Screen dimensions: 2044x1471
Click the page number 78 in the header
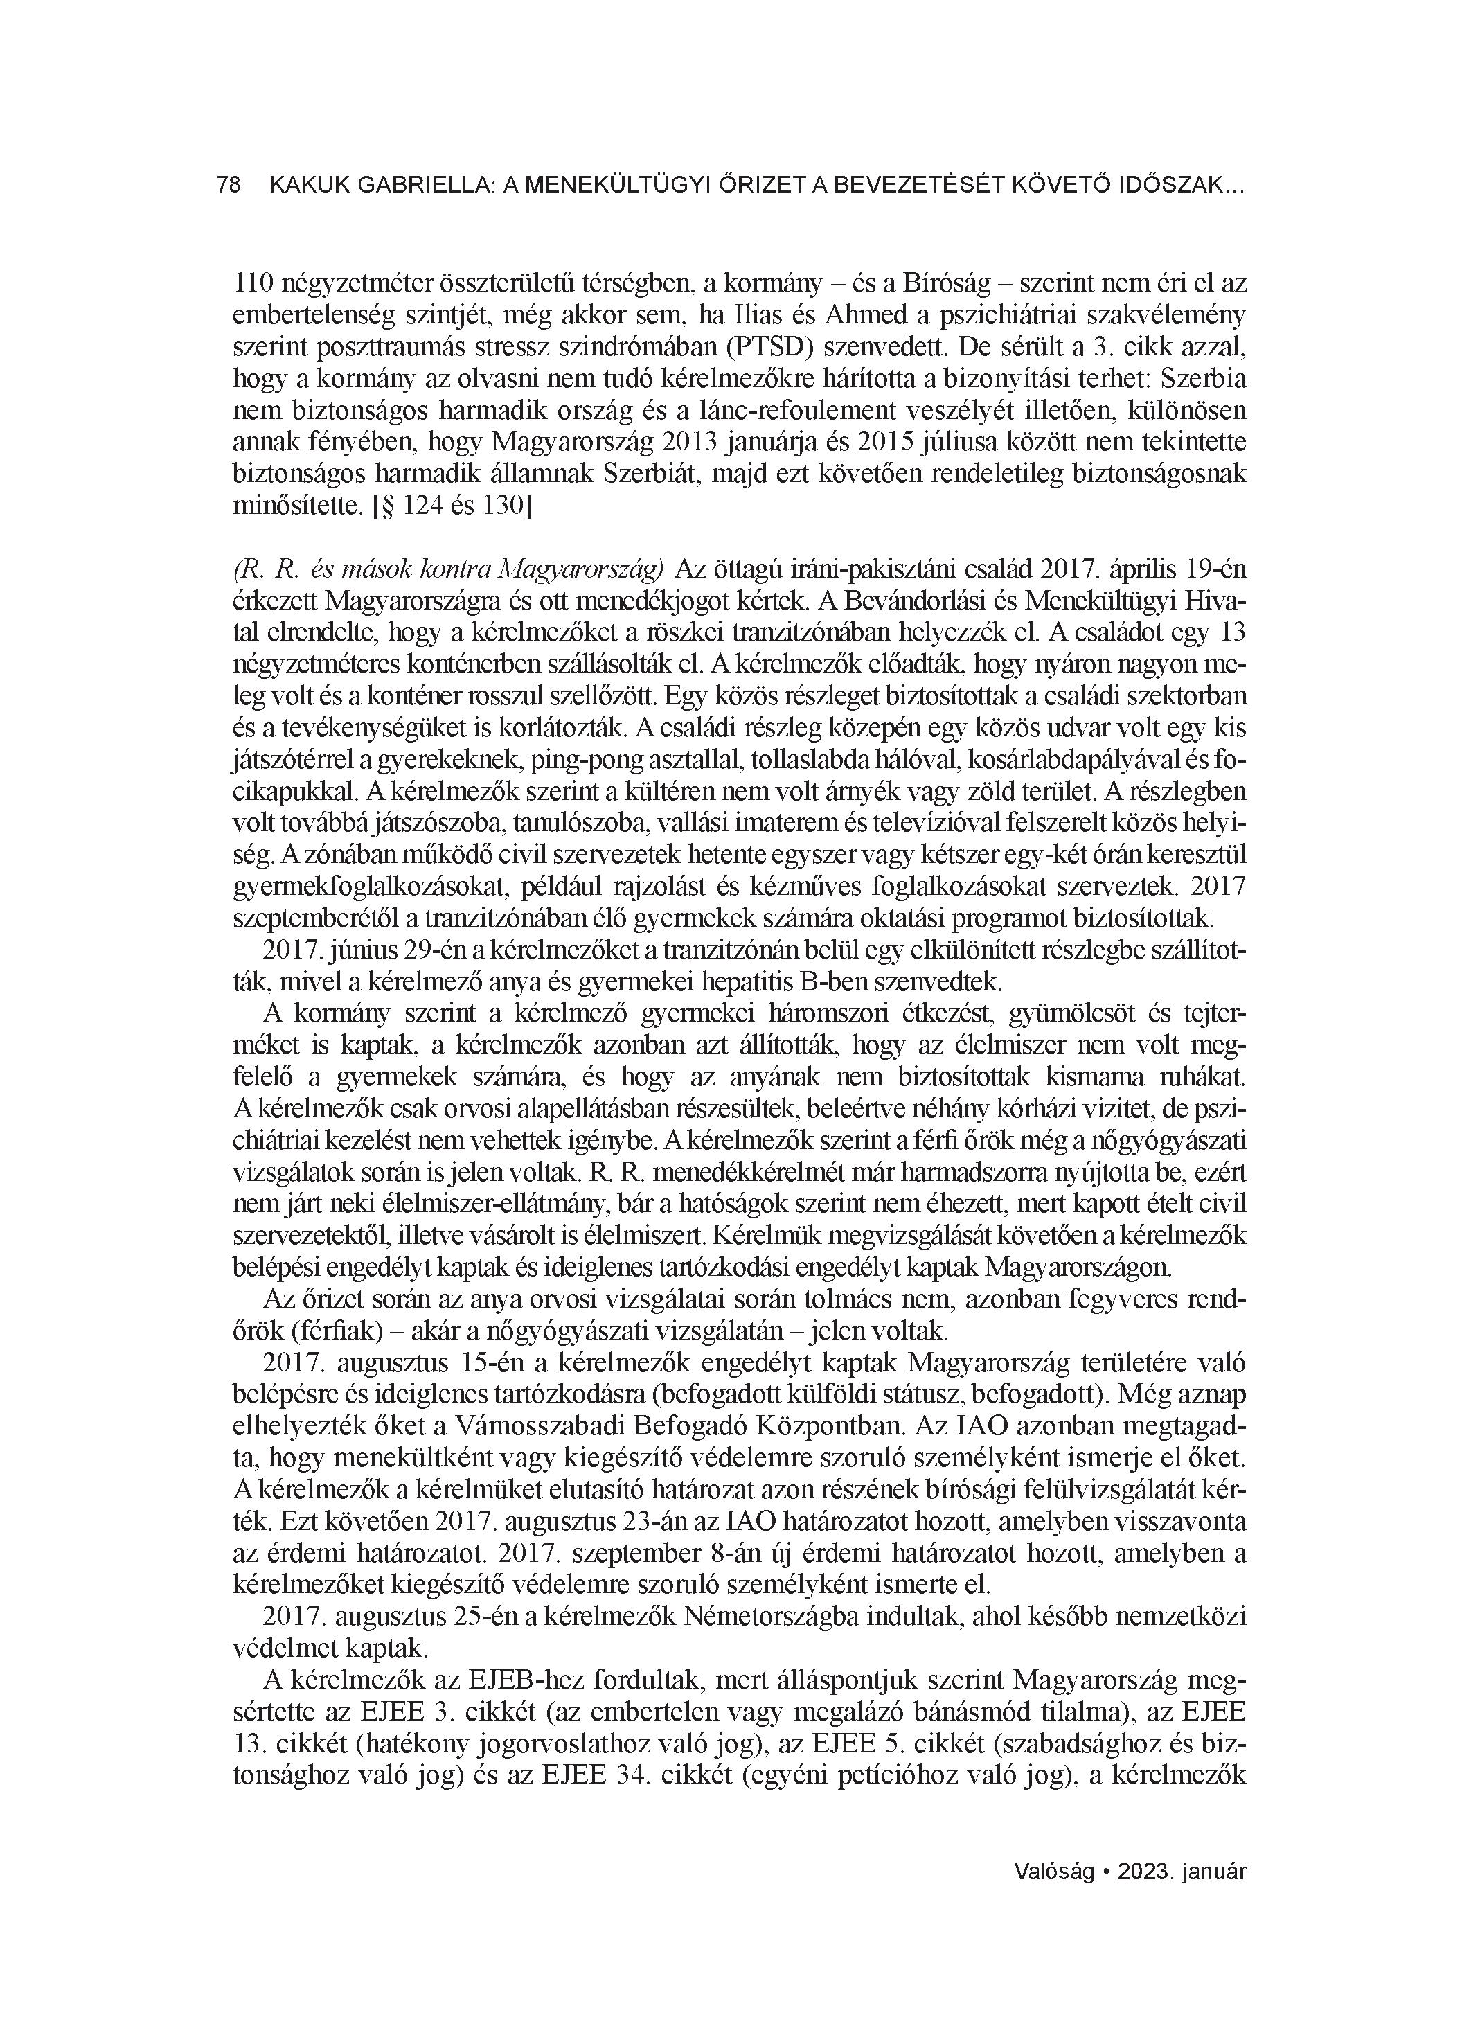229,186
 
